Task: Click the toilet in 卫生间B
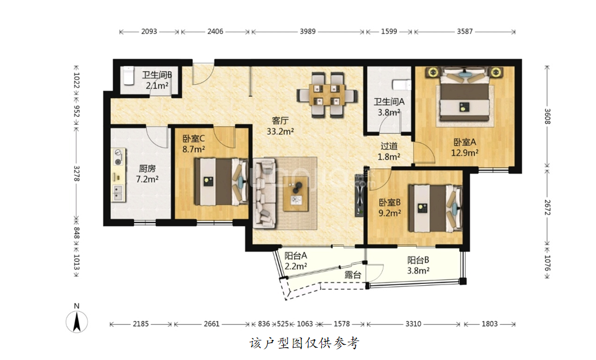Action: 128,76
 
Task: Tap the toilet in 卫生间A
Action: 402,85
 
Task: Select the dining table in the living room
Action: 327,94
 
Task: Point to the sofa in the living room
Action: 265,193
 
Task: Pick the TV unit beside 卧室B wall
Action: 359,195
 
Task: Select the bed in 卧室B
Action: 435,208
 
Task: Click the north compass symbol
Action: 77,321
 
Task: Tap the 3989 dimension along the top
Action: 307,32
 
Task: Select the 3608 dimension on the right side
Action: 547,116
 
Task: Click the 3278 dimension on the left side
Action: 76,173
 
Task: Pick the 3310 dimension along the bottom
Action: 413,324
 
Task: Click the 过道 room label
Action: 389,146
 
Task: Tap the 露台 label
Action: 352,275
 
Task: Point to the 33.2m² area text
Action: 280,132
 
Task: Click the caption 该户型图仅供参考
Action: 304,344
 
